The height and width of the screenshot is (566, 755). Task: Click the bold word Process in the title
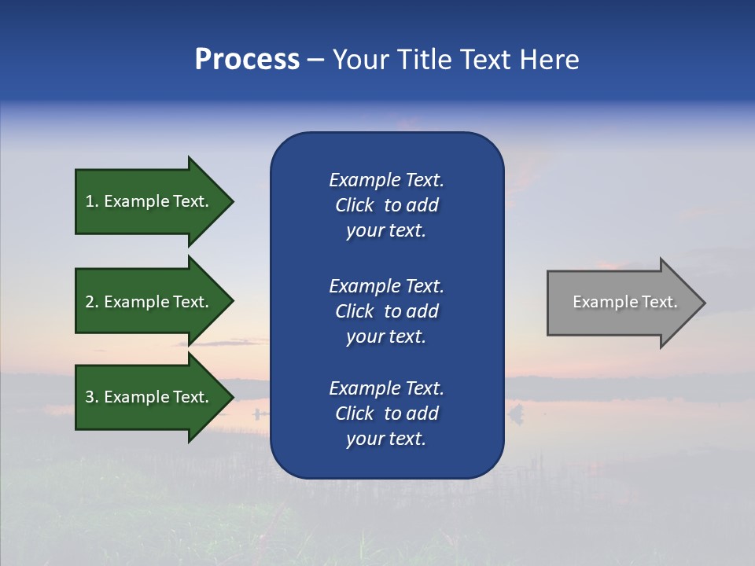(x=247, y=60)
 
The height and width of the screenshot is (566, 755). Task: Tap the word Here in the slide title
(x=550, y=60)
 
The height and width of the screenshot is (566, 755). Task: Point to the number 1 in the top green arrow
(x=90, y=201)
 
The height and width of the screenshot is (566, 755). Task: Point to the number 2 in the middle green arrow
(x=90, y=302)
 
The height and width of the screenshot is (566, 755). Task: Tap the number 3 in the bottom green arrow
(x=90, y=397)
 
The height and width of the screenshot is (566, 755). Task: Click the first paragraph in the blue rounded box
(x=386, y=205)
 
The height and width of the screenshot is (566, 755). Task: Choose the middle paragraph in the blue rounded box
(x=386, y=311)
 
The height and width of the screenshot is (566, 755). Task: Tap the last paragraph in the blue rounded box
(x=386, y=413)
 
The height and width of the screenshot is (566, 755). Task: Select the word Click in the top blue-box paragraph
(x=355, y=205)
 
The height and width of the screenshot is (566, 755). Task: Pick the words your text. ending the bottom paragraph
(x=386, y=439)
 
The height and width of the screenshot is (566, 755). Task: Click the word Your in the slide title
(x=363, y=60)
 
